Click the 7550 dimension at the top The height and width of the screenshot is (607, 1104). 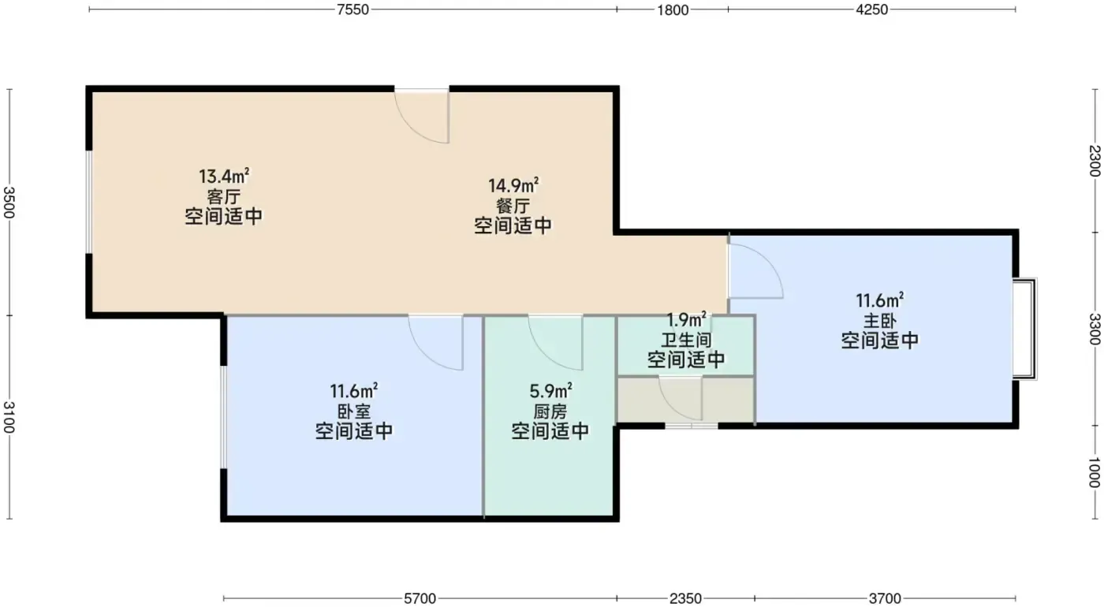[353, 9]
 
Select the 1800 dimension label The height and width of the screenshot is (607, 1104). [673, 9]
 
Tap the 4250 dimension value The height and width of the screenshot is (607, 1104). [872, 9]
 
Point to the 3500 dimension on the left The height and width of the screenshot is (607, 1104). [9, 202]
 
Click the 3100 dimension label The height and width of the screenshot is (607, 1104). [9, 417]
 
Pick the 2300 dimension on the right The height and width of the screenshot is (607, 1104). [1094, 161]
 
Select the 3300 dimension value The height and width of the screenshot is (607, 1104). [1094, 330]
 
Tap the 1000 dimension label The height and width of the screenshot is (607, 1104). [1094, 472]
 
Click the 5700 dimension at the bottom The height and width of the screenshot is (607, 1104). [420, 598]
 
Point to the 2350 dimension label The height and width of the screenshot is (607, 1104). [685, 598]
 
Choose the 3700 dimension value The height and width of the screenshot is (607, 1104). [885, 598]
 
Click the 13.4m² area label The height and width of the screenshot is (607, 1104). [224, 175]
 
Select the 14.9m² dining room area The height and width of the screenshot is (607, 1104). [513, 185]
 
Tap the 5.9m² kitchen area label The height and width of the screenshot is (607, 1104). [550, 391]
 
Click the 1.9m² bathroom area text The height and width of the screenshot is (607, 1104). [687, 320]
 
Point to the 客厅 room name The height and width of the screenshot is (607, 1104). [224, 196]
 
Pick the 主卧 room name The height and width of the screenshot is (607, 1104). [880, 321]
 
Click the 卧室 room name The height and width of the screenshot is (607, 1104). [354, 411]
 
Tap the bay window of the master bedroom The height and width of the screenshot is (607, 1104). [1024, 329]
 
